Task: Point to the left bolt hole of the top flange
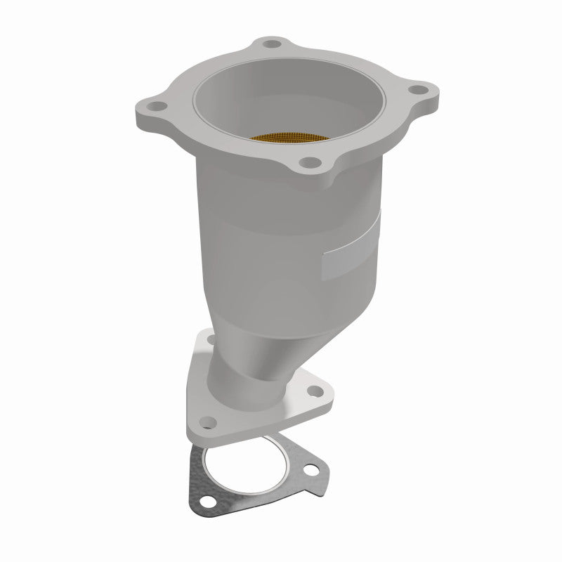click(155, 107)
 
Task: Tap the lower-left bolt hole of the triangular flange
click(207, 421)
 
